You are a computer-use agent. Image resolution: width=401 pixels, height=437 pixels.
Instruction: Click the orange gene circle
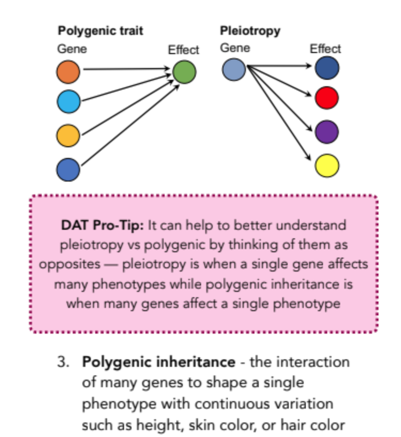68,72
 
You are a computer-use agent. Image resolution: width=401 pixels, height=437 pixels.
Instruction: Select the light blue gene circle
68,102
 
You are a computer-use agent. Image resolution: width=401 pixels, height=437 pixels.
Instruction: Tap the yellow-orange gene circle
68,135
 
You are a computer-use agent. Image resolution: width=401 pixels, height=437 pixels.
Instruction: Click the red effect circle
327,98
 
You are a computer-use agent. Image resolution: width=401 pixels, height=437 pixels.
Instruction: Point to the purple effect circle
327,132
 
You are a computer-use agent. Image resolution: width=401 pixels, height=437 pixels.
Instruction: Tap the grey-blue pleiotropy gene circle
234,70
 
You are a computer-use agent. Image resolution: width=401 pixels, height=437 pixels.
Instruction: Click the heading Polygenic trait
101,31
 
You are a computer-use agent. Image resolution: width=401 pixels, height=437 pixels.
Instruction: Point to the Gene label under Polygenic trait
72,49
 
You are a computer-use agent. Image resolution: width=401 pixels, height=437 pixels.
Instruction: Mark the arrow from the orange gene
126,69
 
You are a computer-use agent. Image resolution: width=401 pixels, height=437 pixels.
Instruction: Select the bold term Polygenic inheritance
158,362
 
